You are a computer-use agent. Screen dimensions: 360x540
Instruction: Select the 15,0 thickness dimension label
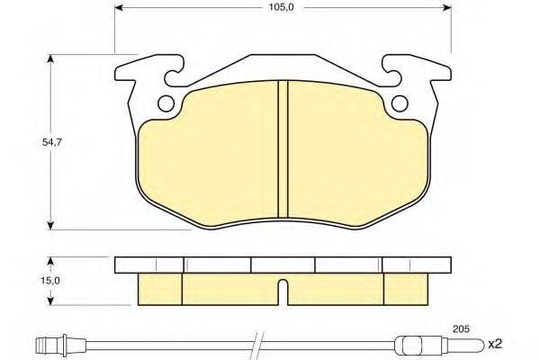coord(53,281)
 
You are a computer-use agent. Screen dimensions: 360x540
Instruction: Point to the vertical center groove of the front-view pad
coord(283,148)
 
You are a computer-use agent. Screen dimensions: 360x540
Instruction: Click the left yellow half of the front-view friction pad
coord(211,148)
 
